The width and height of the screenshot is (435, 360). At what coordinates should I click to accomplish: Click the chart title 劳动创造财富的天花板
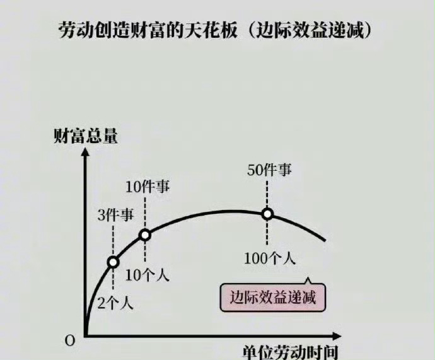coord(146,30)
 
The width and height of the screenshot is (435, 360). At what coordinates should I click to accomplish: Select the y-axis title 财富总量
coord(86,136)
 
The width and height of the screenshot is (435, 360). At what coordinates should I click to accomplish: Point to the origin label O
coord(70,340)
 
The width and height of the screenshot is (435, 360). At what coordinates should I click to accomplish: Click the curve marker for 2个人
coord(113,262)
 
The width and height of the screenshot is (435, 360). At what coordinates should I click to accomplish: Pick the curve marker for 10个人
coord(145,235)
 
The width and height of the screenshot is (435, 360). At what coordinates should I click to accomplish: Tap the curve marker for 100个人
coord(267,214)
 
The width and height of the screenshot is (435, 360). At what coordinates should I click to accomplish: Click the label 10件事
coord(148,186)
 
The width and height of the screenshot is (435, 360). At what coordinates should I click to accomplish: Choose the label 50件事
coord(270,170)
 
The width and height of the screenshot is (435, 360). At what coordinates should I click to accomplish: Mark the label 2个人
coord(115,302)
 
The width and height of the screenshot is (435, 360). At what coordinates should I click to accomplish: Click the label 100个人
coord(271,258)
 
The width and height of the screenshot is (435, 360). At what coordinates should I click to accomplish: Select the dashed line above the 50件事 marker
coord(267,193)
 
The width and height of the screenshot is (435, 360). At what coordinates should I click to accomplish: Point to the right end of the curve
coord(325,240)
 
